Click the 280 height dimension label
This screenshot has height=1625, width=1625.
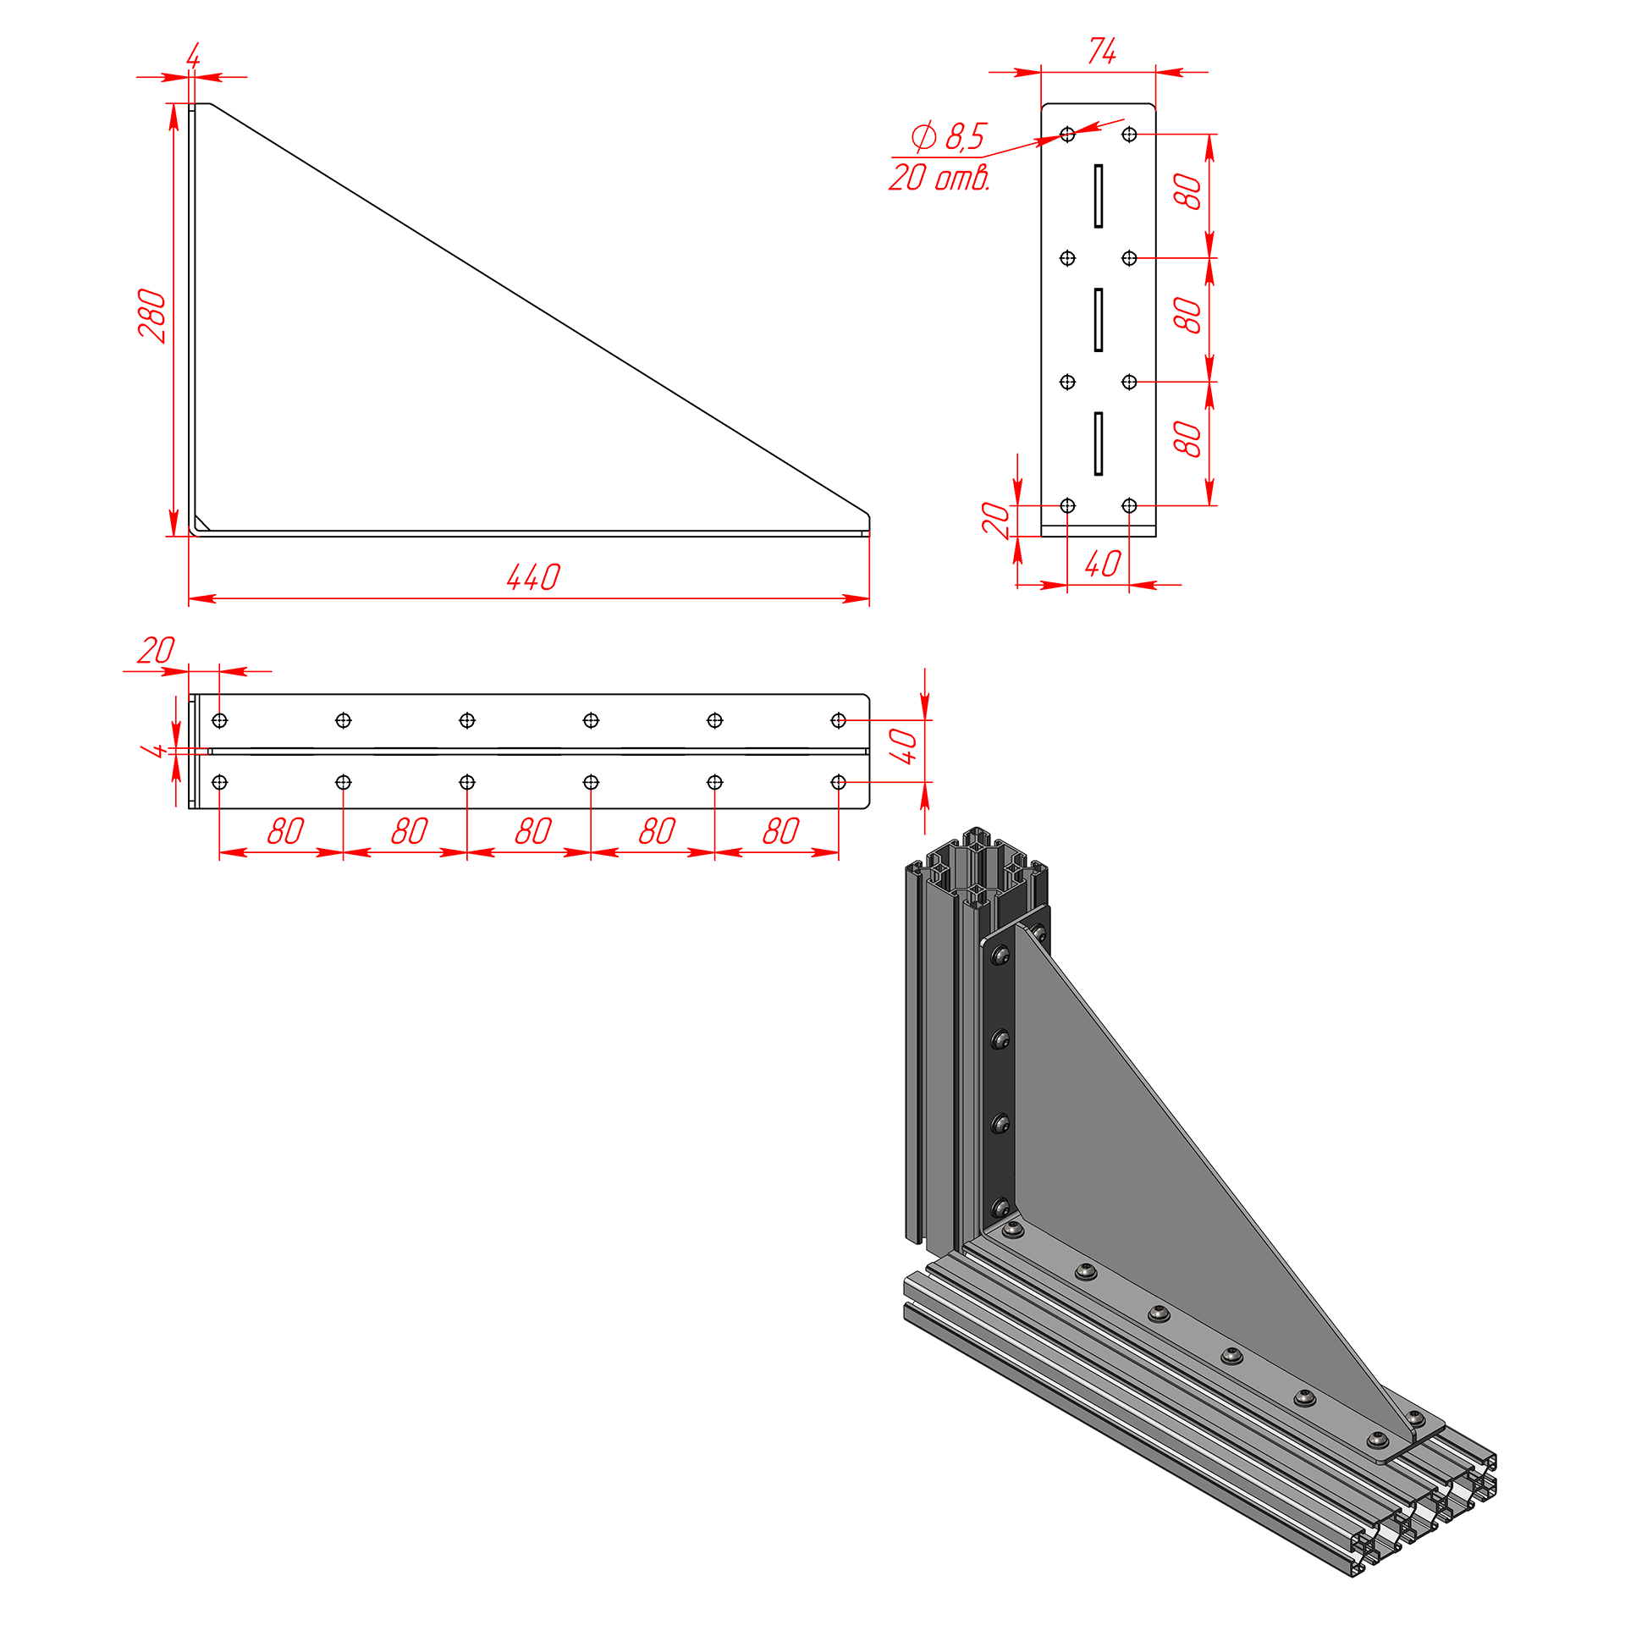(152, 316)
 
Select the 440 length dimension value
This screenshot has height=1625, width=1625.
(533, 577)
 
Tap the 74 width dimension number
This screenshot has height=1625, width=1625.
(1102, 51)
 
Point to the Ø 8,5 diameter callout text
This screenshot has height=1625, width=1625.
(949, 135)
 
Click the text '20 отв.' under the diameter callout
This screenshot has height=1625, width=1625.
(939, 177)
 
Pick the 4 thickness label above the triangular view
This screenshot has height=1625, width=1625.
(193, 56)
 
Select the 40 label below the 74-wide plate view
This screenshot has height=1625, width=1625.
(1103, 564)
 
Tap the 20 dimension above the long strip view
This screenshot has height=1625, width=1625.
(156, 650)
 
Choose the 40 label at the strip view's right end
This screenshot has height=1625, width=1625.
(903, 746)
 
